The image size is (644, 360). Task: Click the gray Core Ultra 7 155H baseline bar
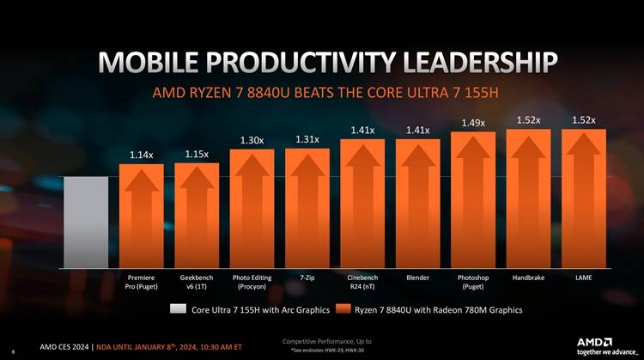tap(86, 221)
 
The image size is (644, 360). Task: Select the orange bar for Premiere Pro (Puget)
tap(141, 215)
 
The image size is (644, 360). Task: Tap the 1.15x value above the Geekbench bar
tap(197, 154)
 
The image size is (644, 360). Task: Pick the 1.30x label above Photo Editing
tap(252, 140)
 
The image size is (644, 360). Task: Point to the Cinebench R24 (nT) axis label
tap(362, 283)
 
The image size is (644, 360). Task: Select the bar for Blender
tap(417, 203)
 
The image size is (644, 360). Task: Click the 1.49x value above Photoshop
tap(473, 123)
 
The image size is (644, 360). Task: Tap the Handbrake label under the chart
tap(528, 278)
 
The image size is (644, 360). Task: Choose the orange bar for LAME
tap(584, 198)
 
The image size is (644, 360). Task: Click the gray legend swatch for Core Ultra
tap(178, 309)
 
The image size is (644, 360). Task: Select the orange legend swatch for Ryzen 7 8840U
tap(344, 309)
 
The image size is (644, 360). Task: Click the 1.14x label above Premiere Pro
tap(141, 156)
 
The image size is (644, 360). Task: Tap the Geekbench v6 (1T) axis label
tap(197, 283)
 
